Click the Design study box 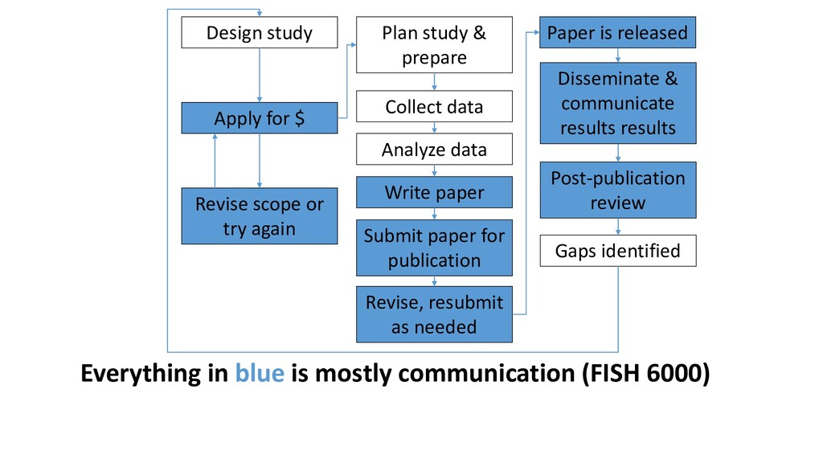(x=260, y=32)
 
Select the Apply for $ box (x=260, y=118)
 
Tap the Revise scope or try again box (x=260, y=215)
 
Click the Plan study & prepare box (x=434, y=45)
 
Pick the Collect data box (x=434, y=107)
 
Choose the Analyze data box (x=434, y=149)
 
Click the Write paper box (x=434, y=192)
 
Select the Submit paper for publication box (x=434, y=248)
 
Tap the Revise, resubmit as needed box (x=434, y=314)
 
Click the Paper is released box (x=618, y=32)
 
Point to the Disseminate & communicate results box (x=618, y=103)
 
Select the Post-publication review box (x=618, y=190)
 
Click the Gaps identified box (x=618, y=251)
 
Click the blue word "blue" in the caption (x=260, y=373)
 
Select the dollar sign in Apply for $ (x=299, y=118)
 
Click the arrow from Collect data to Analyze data (x=434, y=128)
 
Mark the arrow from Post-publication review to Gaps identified (x=618, y=226)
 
